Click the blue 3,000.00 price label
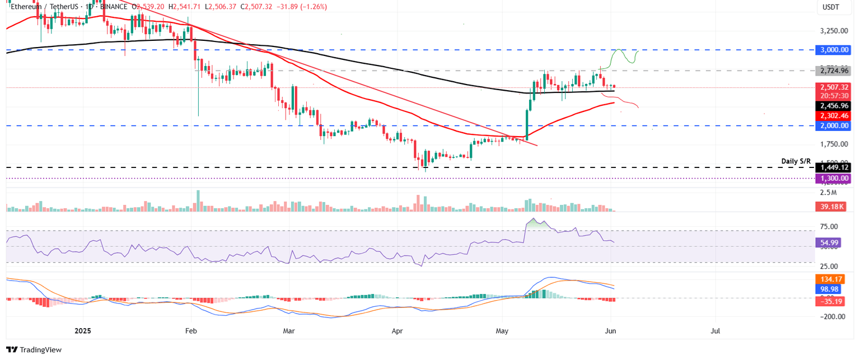pyautogui.click(x=834, y=50)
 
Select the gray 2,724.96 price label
pyautogui.click(x=834, y=71)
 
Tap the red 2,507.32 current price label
pyautogui.click(x=834, y=87)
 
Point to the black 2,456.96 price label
pyautogui.click(x=834, y=105)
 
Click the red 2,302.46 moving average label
pyautogui.click(x=834, y=115)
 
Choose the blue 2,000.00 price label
pyautogui.click(x=834, y=126)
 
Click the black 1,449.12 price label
pyautogui.click(x=834, y=167)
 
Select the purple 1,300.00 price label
pyautogui.click(x=834, y=178)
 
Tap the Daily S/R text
pyautogui.click(x=796, y=161)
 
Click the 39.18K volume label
pyautogui.click(x=830, y=207)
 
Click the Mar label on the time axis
pyautogui.click(x=289, y=331)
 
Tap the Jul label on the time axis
pyautogui.click(x=715, y=331)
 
